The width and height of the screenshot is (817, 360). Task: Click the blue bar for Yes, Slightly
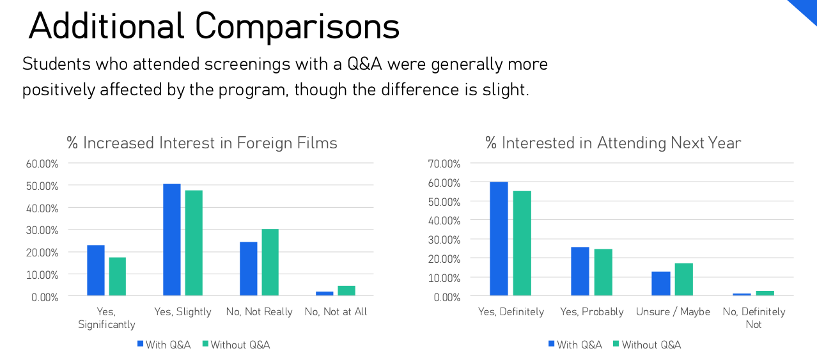172,240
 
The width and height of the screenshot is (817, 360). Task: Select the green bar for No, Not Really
270,262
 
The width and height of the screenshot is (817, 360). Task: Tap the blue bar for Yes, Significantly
96,270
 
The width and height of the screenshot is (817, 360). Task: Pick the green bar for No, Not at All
346,290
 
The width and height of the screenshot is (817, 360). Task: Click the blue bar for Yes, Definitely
499,239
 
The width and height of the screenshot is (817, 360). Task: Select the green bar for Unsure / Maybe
683,279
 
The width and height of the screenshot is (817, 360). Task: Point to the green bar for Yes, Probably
603,272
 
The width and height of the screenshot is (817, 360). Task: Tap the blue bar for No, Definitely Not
742,294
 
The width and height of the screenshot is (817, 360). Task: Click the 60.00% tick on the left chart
42,163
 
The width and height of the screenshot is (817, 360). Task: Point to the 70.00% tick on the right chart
444,164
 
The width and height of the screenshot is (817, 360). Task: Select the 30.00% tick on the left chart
42,230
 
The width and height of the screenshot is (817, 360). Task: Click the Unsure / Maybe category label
673,312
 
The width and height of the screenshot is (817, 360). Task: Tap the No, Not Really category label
259,312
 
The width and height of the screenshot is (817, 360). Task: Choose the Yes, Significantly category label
107,318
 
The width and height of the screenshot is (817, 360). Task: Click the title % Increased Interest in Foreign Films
202,143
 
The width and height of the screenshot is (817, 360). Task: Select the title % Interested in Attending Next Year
613,143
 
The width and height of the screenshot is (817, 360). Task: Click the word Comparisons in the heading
297,27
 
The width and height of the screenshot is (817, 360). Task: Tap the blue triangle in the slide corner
806,9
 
